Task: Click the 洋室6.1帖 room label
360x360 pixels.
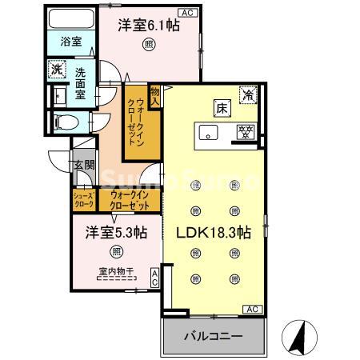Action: [x=148, y=26]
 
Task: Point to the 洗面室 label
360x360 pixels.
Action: [x=82, y=82]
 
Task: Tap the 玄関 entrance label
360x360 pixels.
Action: [x=84, y=166]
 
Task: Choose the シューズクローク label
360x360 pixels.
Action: [x=84, y=200]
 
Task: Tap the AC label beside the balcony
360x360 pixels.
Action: [x=250, y=309]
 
